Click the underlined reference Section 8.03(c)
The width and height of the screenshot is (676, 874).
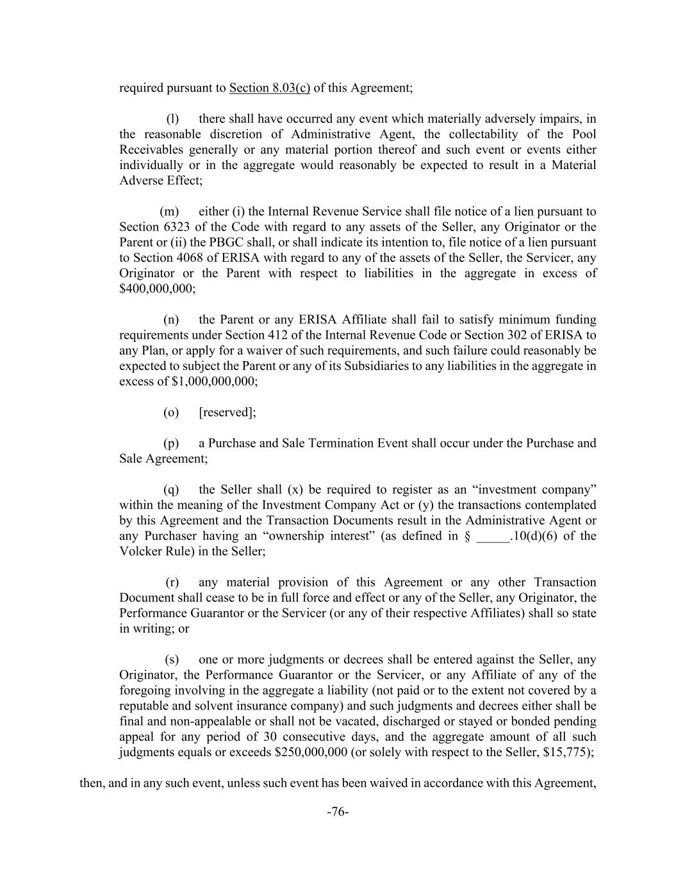[269, 88]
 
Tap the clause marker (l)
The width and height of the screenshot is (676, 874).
[172, 118]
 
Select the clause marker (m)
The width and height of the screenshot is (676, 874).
[169, 211]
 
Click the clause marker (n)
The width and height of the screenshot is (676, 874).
[171, 320]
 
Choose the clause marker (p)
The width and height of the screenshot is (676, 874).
[171, 443]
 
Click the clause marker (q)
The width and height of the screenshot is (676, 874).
[171, 490]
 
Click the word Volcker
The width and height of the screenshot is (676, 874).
[140, 551]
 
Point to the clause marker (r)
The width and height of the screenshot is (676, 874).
[172, 583]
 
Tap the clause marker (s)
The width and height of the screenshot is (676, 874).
[172, 660]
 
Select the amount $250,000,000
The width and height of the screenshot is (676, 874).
[311, 752]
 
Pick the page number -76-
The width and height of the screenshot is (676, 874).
[338, 813]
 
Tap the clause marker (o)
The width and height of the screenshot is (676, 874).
[171, 412]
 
